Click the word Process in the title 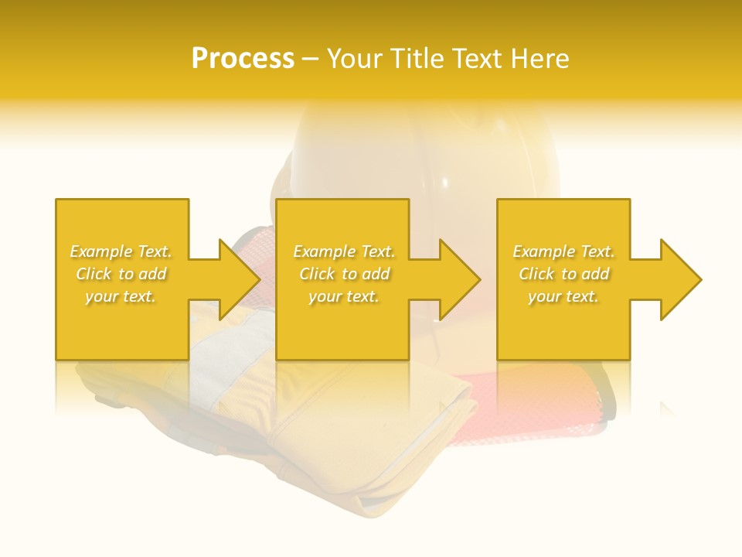pos(243,59)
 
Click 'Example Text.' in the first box pos(121,251)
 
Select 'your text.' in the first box pos(121,296)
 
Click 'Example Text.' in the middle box pos(344,251)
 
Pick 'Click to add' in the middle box pos(344,274)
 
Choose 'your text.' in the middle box pos(344,296)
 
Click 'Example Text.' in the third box pos(563,251)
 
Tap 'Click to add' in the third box pos(563,274)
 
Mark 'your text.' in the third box pos(563,296)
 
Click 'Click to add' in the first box pos(121,274)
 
